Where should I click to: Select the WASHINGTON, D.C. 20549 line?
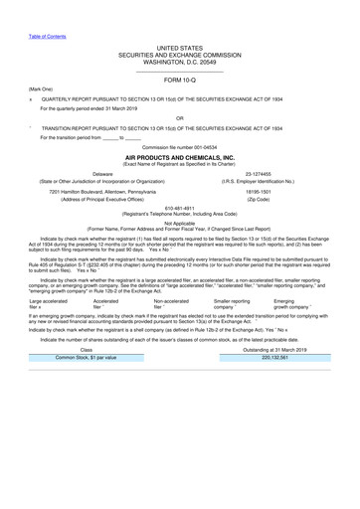coord(180,62)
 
